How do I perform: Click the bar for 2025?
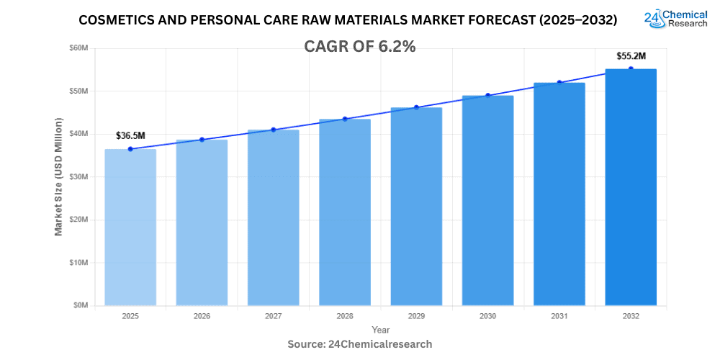[x=130, y=227]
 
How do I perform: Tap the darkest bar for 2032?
[x=630, y=187]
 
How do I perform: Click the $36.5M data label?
[x=130, y=135]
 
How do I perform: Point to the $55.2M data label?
[x=631, y=55]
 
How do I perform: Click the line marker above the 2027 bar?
[x=274, y=130]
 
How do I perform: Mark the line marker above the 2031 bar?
[x=559, y=83]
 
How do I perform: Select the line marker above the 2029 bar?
[x=416, y=107]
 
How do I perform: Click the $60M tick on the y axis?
[x=78, y=48]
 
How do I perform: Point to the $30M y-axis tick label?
[x=78, y=177]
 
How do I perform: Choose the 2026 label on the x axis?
[x=202, y=316]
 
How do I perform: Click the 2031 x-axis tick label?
[x=559, y=316]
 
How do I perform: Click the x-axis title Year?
[x=381, y=329]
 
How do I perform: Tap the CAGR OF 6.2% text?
[x=361, y=46]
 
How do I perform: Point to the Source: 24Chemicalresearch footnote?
[x=360, y=344]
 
